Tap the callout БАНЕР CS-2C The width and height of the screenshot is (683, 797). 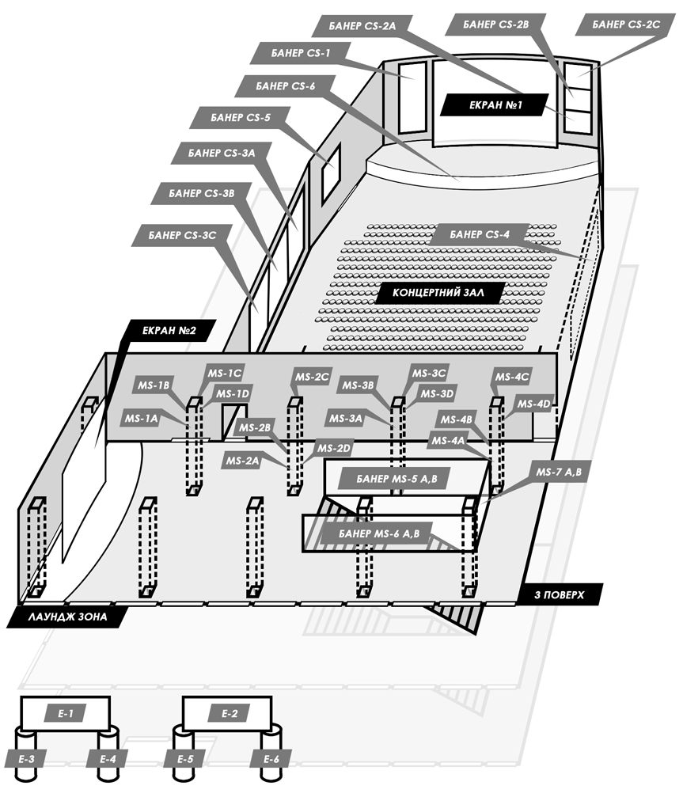click(627, 25)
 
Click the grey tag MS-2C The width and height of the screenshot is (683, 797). click(312, 377)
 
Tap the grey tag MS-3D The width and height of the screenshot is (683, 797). click(436, 394)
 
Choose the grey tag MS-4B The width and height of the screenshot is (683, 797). click(457, 419)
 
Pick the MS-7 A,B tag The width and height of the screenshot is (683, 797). click(558, 473)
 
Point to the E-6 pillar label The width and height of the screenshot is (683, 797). click(271, 759)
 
